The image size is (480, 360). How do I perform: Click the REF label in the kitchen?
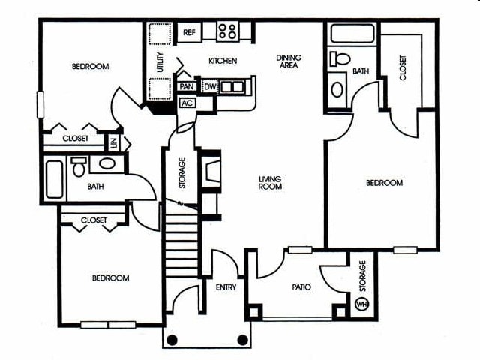point(189,33)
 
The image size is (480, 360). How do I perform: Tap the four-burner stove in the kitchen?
point(227,31)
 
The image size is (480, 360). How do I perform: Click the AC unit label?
point(187,103)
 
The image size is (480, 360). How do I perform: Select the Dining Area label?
point(288,61)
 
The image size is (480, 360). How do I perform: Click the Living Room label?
point(270,182)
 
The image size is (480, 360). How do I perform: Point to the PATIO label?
point(302,286)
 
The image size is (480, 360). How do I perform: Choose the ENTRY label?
point(226,287)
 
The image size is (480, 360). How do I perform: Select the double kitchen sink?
point(232,86)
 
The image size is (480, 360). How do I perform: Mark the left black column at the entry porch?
point(172,340)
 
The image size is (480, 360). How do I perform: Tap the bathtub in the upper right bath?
point(352,34)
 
